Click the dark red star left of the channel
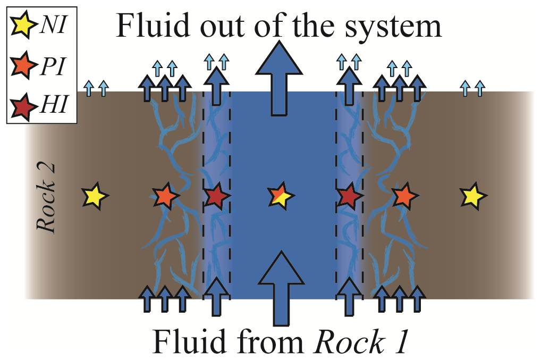216,196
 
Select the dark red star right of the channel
349,196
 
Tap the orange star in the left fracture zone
164,196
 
